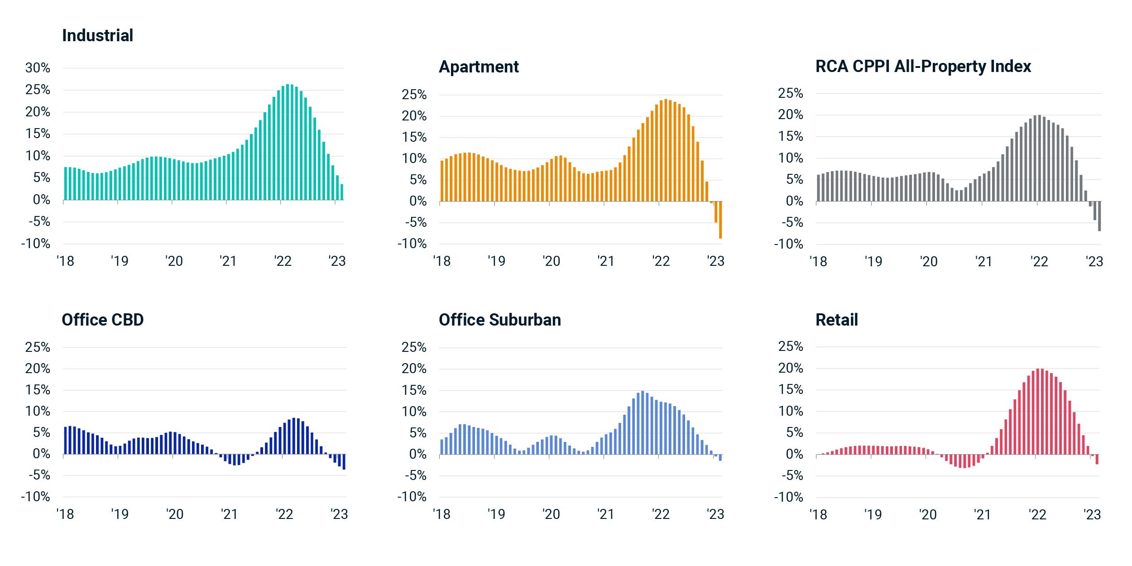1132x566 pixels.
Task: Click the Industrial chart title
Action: [x=97, y=35]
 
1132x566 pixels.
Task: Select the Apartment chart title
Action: [x=479, y=67]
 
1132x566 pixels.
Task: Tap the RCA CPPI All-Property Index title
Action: [x=923, y=67]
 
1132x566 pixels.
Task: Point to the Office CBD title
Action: [x=103, y=320]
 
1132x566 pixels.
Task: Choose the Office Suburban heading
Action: [x=500, y=320]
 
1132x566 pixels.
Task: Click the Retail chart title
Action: [x=837, y=320]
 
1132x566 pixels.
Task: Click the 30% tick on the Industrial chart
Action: [x=38, y=68]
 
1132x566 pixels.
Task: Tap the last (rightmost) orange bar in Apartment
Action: [x=720, y=220]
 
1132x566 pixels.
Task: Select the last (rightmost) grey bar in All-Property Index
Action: [x=1099, y=216]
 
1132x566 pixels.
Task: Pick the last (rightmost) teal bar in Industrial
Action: [x=342, y=192]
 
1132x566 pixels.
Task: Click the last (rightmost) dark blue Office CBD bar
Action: [x=344, y=462]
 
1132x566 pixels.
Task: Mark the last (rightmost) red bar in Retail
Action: [x=1097, y=459]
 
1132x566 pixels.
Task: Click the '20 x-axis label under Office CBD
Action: [x=174, y=514]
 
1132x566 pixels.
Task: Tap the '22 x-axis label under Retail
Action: [x=1037, y=515]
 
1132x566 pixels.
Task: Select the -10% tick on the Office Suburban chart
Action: [x=412, y=497]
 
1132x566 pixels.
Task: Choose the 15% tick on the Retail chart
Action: [x=791, y=389]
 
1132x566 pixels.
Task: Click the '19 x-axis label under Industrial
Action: [x=120, y=261]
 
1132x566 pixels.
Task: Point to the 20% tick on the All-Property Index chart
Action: [x=791, y=115]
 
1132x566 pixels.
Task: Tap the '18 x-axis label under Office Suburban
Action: [x=441, y=514]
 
